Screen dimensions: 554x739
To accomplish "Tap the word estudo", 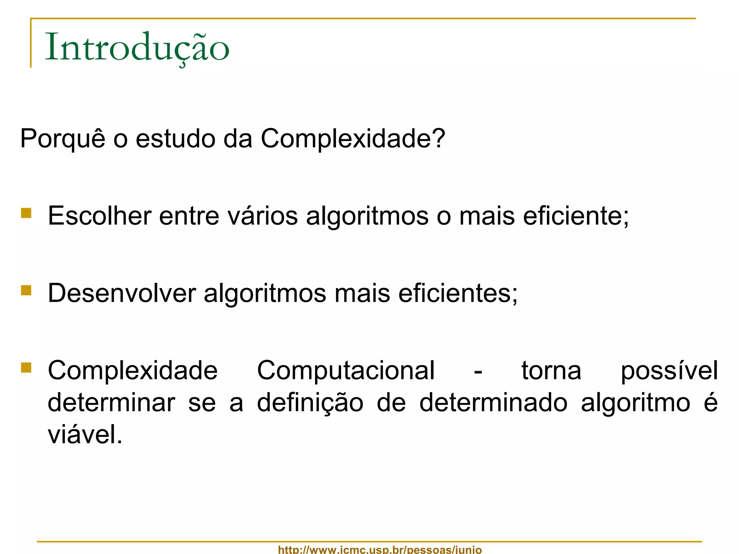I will [176, 139].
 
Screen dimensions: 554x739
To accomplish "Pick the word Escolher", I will [100, 216].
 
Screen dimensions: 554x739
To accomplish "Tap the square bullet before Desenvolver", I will [26, 290].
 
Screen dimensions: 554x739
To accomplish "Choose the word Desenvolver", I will [122, 293].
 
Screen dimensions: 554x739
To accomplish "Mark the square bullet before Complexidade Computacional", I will [26, 368].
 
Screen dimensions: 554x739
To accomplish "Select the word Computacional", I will [346, 371].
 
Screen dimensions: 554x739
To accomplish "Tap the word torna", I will [551, 371].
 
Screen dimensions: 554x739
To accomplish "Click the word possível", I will [669, 371].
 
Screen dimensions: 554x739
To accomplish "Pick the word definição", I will [310, 403].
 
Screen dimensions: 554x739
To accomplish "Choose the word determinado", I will [493, 403].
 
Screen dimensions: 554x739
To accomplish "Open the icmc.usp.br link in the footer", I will [380, 550].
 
